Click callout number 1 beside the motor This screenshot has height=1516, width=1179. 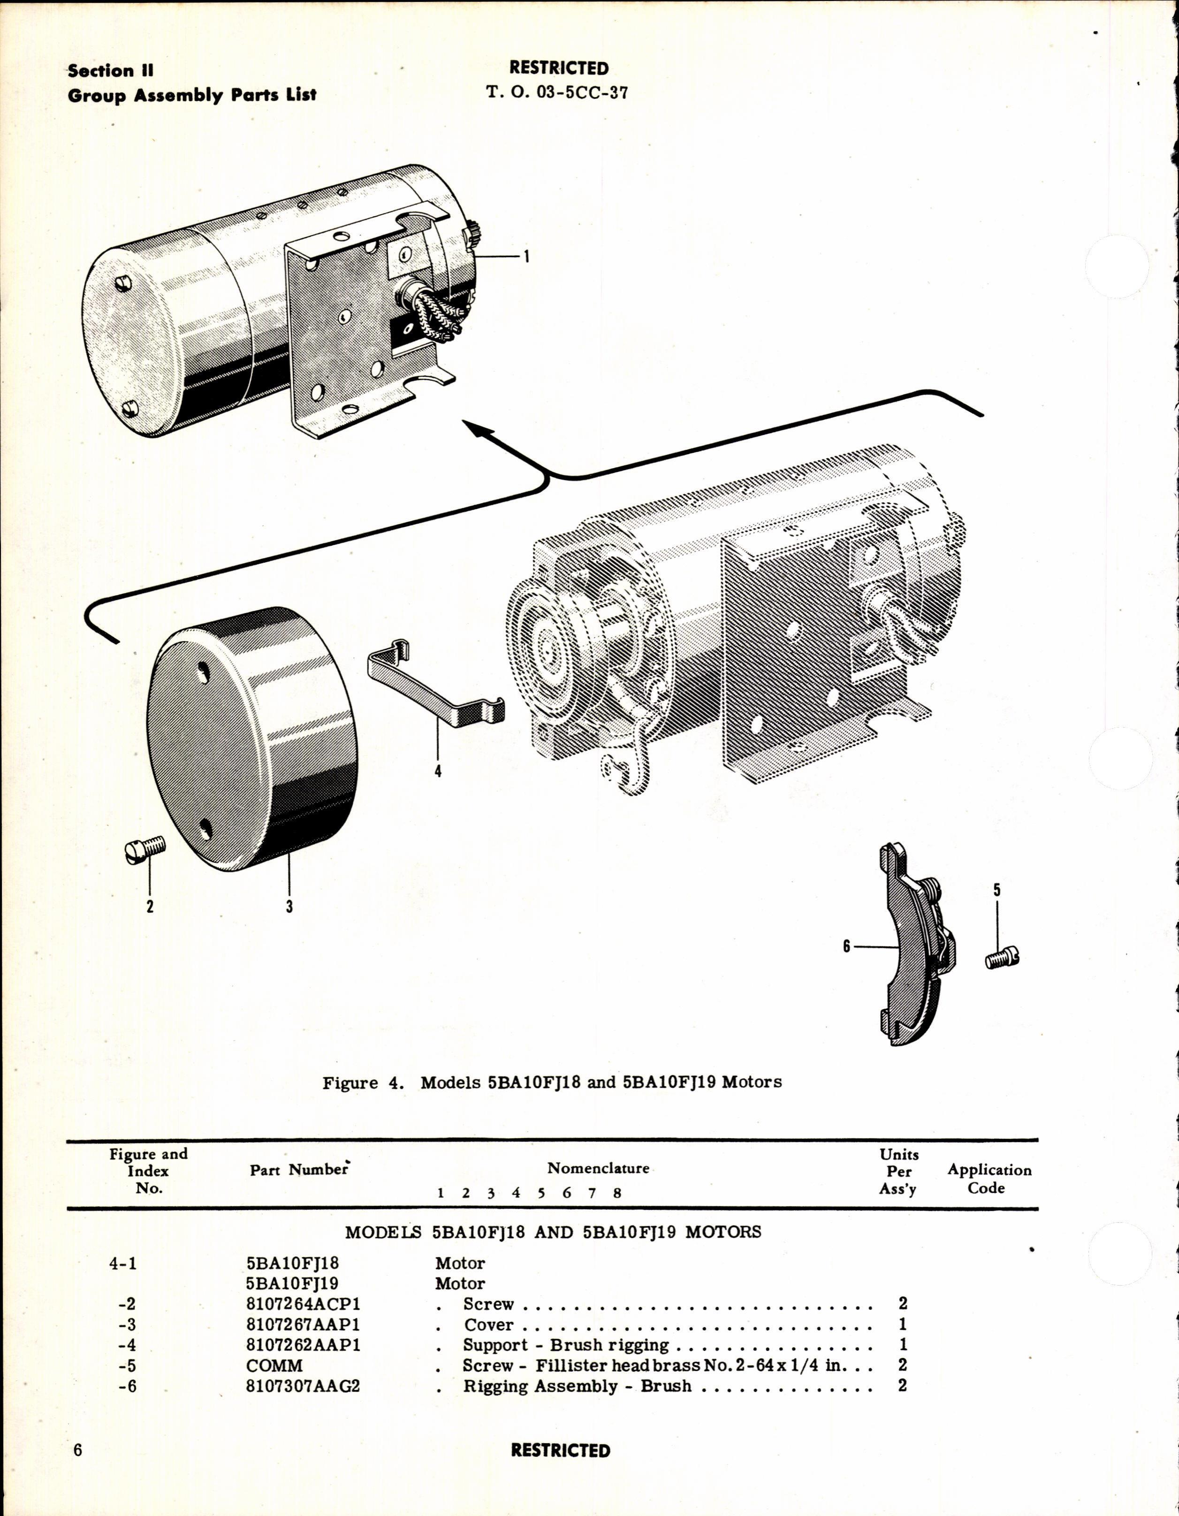click(x=527, y=257)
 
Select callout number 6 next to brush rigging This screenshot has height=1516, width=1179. click(x=847, y=946)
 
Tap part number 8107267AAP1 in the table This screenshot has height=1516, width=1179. click(x=303, y=1325)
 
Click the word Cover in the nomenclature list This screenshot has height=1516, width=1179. click(x=488, y=1325)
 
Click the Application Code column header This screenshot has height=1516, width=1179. click(x=989, y=1179)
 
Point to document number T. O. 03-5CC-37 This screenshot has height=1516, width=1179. click(x=557, y=92)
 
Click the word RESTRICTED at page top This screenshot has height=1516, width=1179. click(x=559, y=68)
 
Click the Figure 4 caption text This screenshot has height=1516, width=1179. click(x=552, y=1082)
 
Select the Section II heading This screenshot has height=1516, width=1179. click(x=110, y=71)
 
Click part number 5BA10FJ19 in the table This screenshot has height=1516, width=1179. click(x=292, y=1283)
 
